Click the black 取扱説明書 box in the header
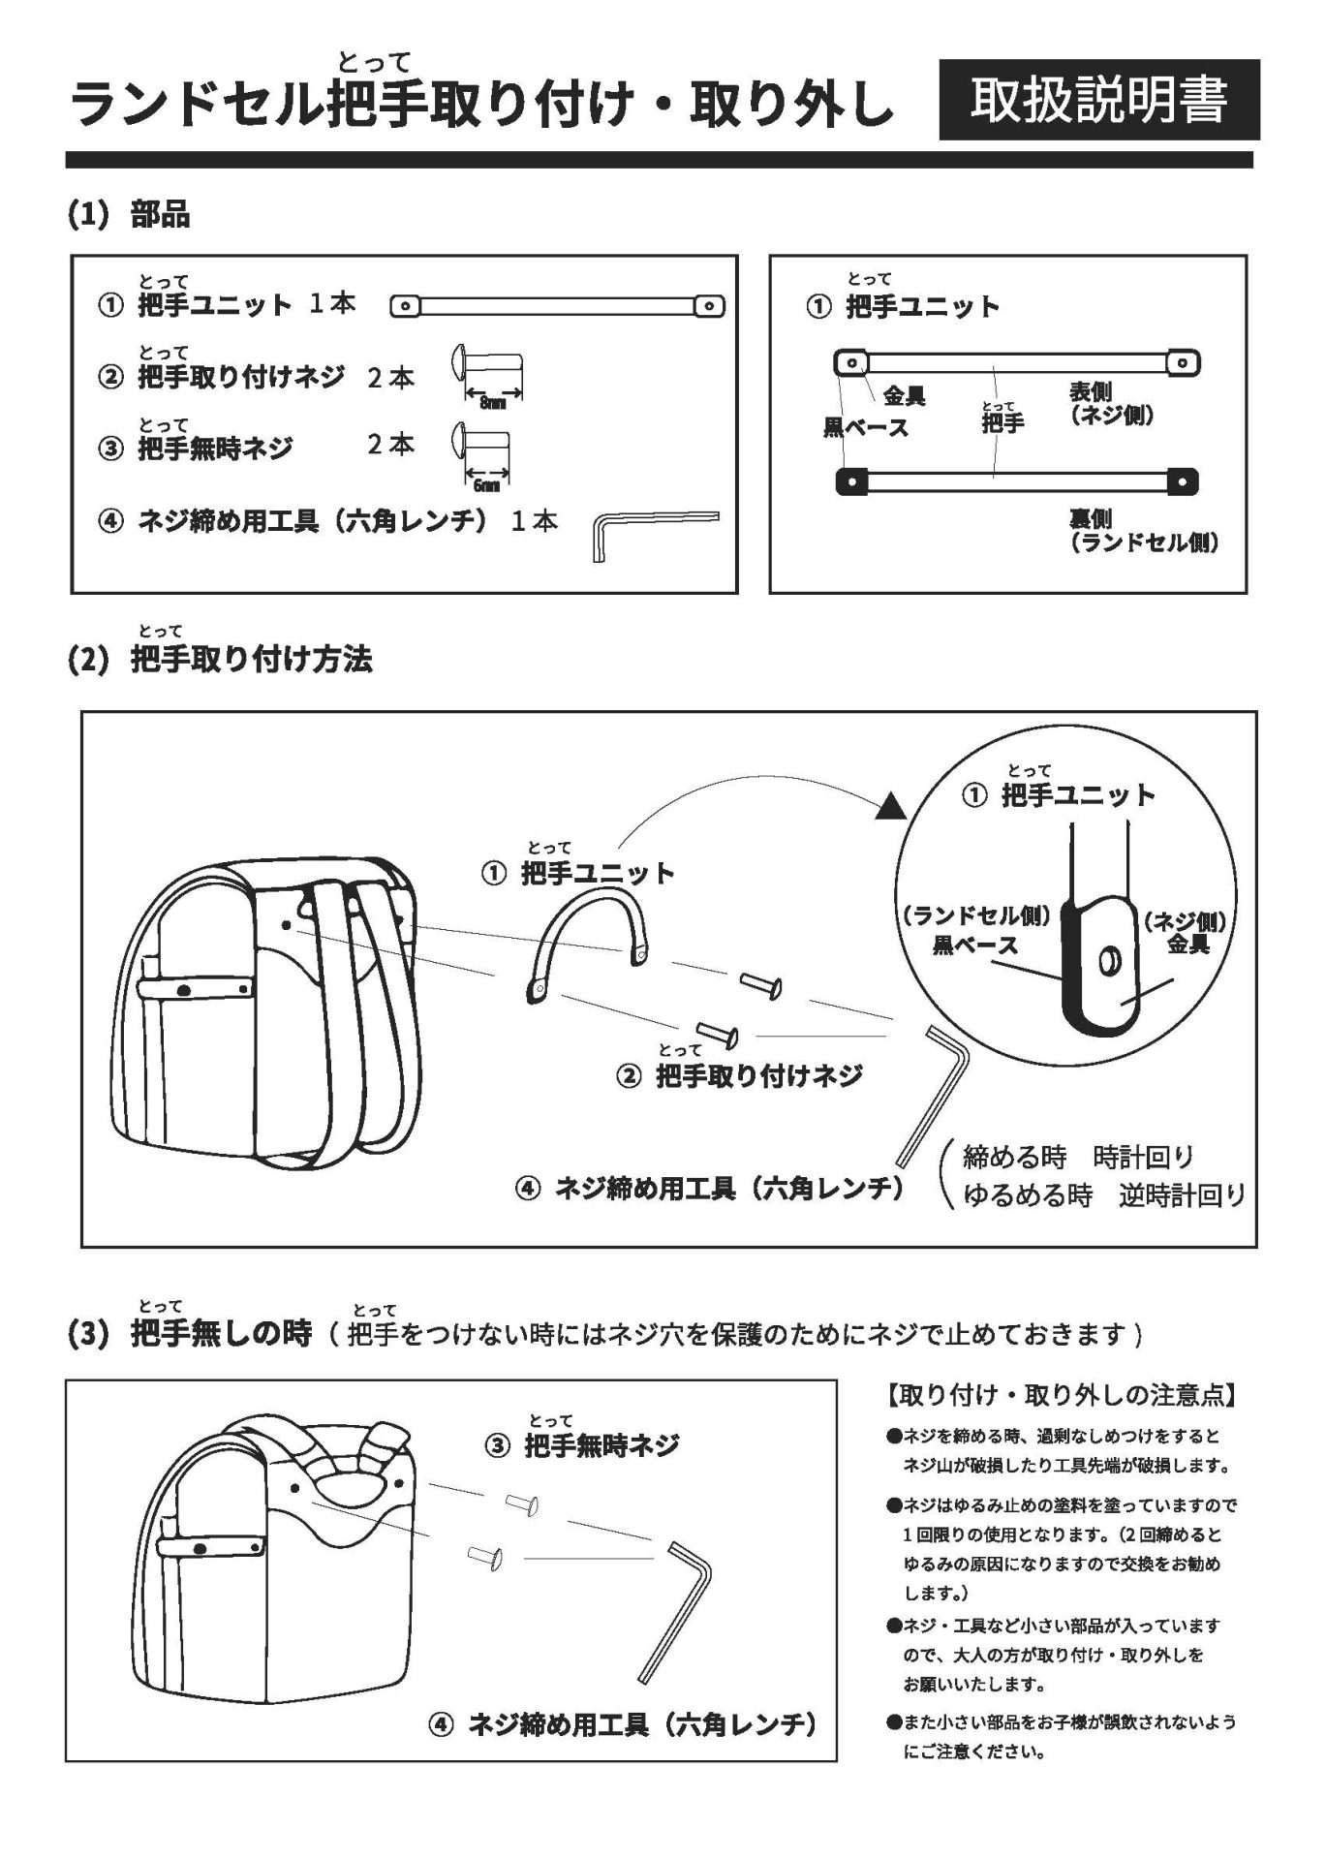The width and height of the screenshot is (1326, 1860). [x=1098, y=100]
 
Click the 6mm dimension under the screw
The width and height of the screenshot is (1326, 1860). [x=487, y=484]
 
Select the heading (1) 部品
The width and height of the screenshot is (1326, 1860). [x=129, y=214]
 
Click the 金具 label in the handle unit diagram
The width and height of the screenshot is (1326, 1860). [x=904, y=395]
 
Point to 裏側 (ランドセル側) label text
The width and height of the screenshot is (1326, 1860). [x=1143, y=532]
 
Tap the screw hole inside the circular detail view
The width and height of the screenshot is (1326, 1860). [x=1107, y=963]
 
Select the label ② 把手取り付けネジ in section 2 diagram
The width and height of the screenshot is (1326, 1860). [x=739, y=1075]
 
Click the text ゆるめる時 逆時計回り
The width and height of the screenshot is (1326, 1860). [x=1103, y=1195]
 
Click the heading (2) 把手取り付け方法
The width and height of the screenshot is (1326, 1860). [x=220, y=660]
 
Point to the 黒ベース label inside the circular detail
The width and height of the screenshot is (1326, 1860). [x=974, y=945]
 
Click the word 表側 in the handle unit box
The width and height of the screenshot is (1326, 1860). [x=1090, y=392]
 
